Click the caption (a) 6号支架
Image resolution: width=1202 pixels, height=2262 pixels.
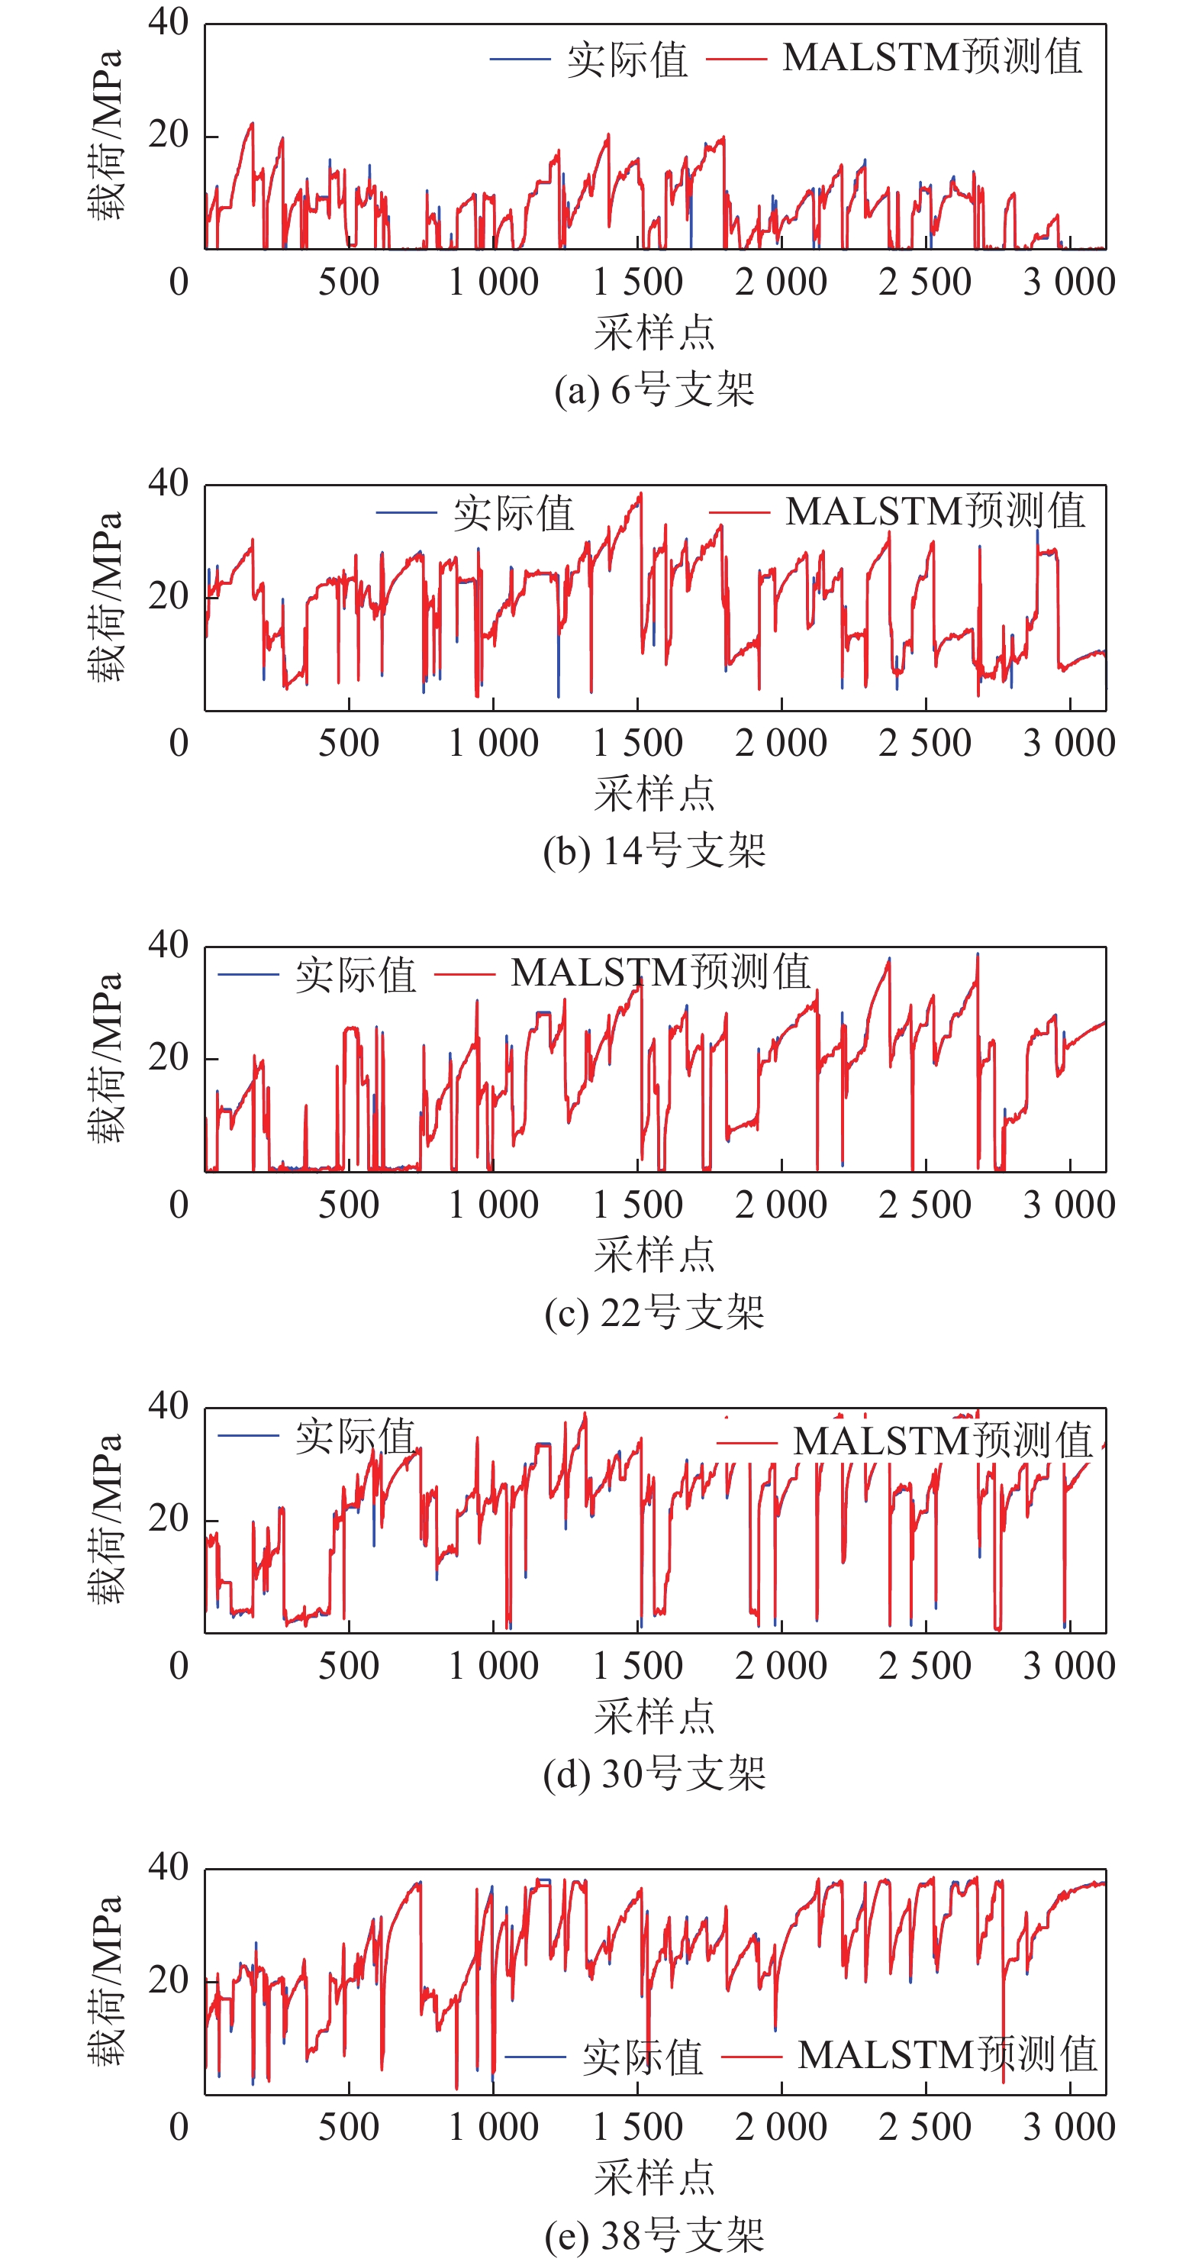click(654, 389)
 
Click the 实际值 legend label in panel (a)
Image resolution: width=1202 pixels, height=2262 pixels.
click(627, 60)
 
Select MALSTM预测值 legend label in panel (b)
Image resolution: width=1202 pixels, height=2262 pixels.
click(935, 511)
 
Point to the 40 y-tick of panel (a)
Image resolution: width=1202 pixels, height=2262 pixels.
click(168, 22)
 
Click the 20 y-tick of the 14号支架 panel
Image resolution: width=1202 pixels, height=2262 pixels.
click(168, 596)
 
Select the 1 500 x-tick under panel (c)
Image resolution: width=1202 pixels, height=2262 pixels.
click(637, 1205)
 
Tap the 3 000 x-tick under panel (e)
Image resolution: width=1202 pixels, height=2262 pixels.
click(1068, 2127)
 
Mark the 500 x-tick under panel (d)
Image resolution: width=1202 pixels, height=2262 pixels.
click(349, 1666)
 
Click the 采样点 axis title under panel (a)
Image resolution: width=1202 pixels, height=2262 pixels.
click(654, 333)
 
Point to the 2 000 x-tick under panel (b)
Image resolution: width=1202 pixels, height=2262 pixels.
click(781, 743)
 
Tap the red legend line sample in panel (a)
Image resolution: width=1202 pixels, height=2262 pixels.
click(736, 59)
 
